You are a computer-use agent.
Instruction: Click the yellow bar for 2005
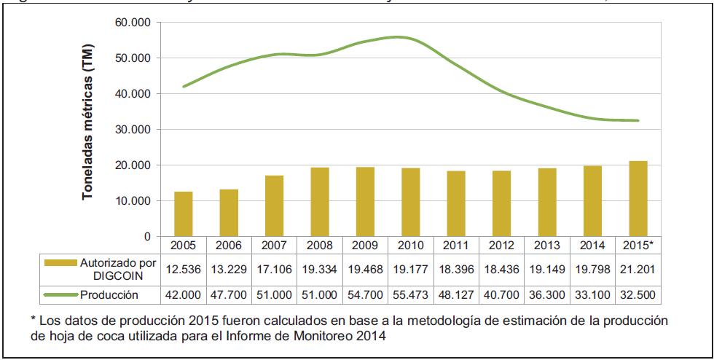[x=184, y=214]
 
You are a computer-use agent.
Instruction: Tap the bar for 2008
[x=319, y=202]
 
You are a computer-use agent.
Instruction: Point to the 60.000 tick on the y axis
[x=133, y=23]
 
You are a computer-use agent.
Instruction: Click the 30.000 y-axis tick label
[x=133, y=130]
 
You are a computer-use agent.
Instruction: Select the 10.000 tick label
[x=133, y=201]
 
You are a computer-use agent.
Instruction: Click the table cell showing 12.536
[x=184, y=269]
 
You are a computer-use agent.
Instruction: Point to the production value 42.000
[x=184, y=295]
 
